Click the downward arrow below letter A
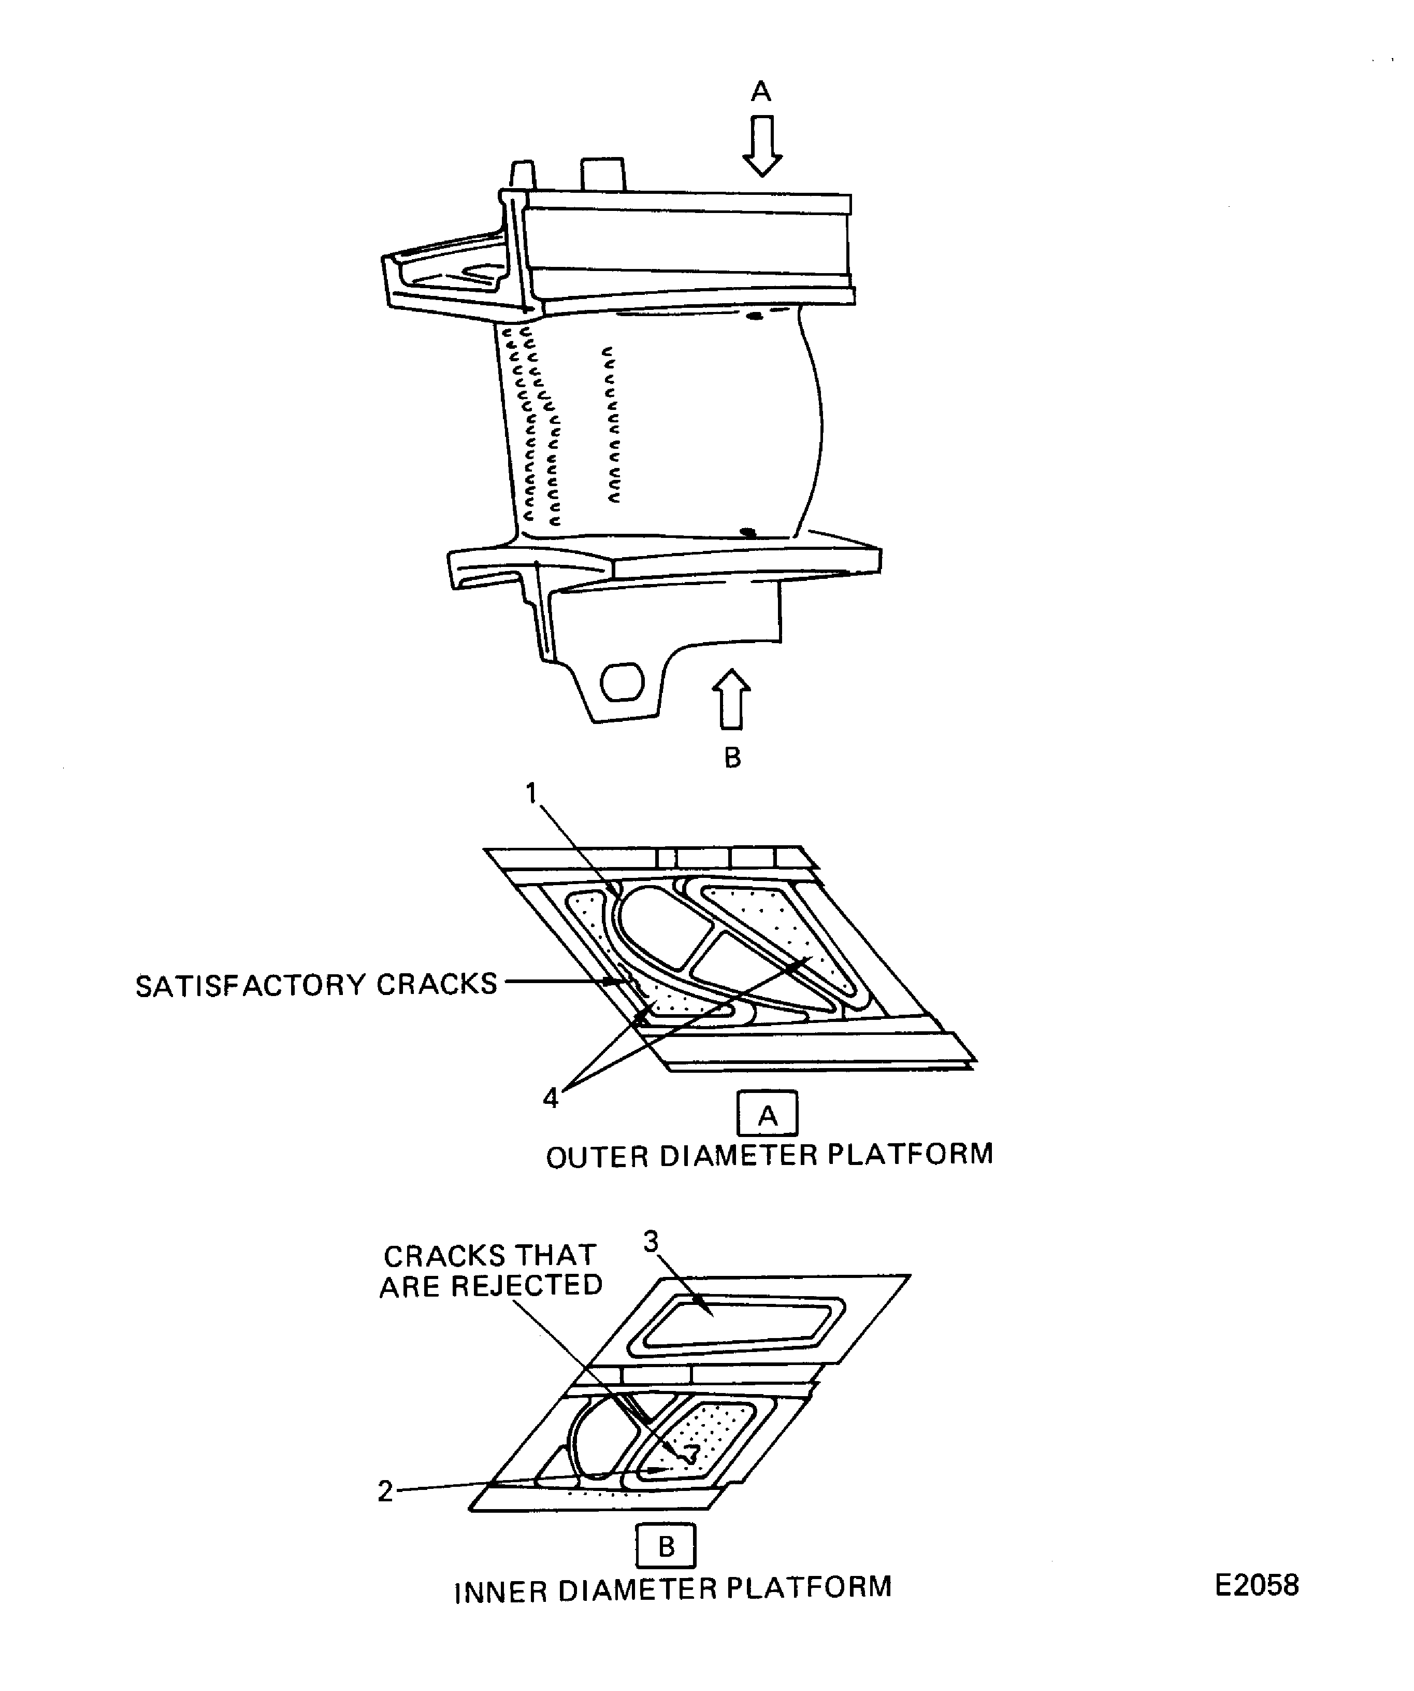(761, 145)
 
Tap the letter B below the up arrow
(732, 758)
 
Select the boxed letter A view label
(767, 1115)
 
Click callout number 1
(531, 794)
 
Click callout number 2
(385, 1491)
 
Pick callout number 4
(551, 1097)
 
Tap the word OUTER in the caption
(597, 1157)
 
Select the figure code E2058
(1256, 1585)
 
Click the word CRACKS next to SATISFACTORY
(437, 984)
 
